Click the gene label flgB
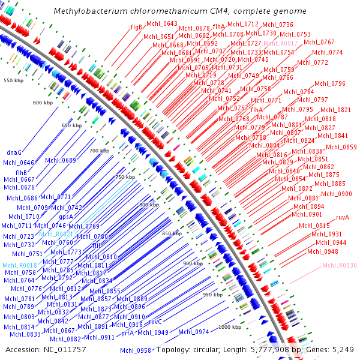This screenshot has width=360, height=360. (136, 27)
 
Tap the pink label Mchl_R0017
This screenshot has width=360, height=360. (281, 44)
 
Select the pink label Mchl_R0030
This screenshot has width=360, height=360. (340, 265)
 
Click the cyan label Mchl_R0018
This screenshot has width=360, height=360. (20, 265)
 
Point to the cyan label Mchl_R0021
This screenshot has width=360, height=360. (56, 233)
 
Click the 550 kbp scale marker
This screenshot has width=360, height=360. (13, 80)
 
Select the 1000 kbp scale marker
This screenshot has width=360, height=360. (229, 327)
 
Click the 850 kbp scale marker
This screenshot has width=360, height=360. (171, 233)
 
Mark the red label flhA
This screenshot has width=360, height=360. (219, 27)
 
